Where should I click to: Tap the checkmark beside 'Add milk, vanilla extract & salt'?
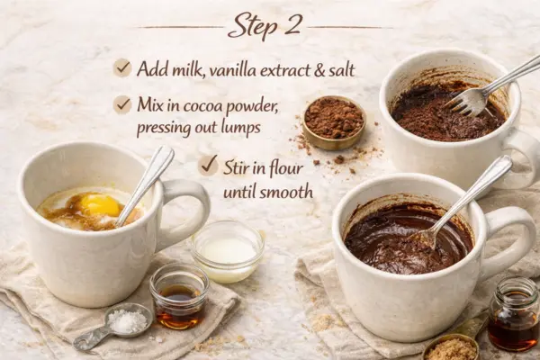tap(122, 67)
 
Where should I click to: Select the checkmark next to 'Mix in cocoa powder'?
tap(122, 104)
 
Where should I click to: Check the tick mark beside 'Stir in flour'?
tap(209, 165)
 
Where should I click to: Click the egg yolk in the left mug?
tap(99, 205)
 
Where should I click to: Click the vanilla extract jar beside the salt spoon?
tap(179, 296)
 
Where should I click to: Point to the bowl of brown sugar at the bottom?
tap(451, 347)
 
